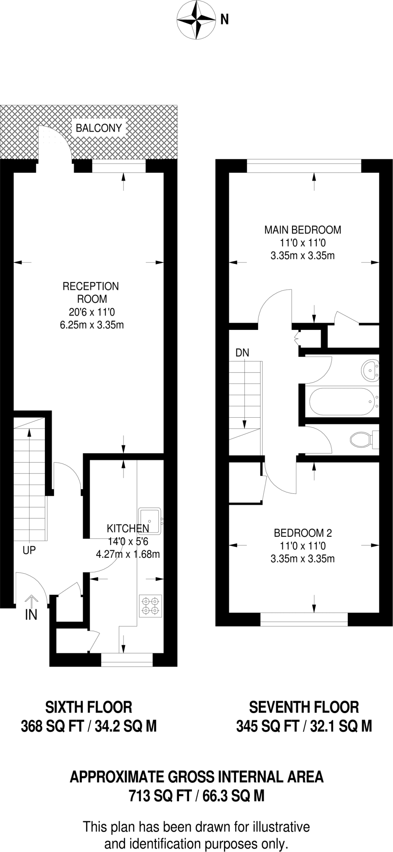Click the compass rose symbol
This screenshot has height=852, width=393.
pos(196,20)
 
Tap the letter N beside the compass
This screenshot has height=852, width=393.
pos(224,20)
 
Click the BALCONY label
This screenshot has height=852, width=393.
pos(98,128)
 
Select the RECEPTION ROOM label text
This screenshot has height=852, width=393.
pos(91,292)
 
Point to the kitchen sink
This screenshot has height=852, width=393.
pos(150,520)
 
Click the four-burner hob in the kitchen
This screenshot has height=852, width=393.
pos(150,606)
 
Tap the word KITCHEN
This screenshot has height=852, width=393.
pos(128,529)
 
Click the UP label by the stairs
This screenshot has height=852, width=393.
pos(29,550)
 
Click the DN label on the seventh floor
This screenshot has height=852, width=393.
pos(242,353)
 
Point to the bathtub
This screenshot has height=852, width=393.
pos(342,401)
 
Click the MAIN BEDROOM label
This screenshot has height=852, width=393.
pos(303,230)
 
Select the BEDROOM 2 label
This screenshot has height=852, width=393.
pos(303,533)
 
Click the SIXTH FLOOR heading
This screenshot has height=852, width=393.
pos(88,707)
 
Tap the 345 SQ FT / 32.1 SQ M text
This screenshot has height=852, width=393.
pos(304,726)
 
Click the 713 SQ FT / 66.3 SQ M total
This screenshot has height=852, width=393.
pos(196,796)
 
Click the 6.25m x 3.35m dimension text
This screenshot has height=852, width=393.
pos(92,325)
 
